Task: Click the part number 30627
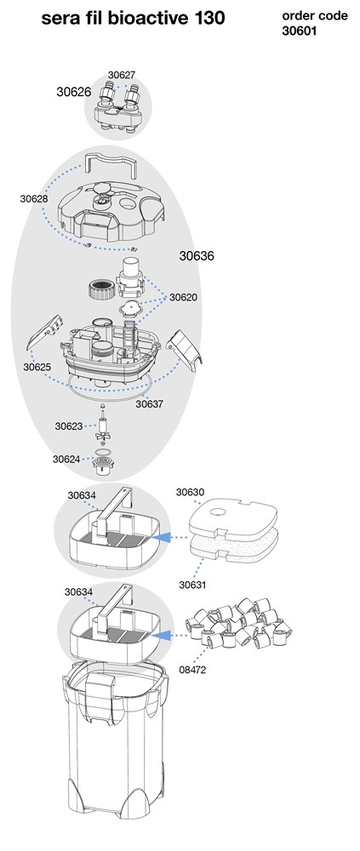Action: point(122,75)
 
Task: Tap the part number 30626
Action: point(74,92)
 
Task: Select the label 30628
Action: point(34,198)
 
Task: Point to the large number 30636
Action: point(197,255)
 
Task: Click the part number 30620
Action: point(183,297)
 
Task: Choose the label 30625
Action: point(37,367)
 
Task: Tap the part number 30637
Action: point(149,404)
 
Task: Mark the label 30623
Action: point(68,426)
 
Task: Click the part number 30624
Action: point(66,460)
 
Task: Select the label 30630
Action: point(190,492)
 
